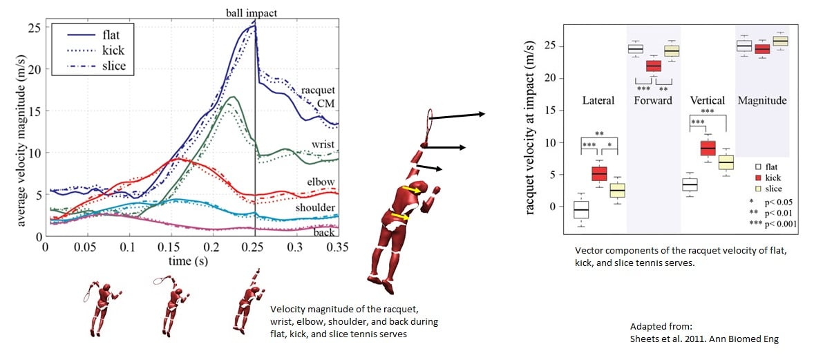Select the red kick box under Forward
pos(652,66)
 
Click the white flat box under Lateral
pos(581,209)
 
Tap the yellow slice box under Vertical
pos(726,163)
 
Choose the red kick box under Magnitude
pos(761,49)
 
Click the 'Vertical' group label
pos(706,101)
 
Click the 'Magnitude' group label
pos(762,101)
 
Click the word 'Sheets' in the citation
pos(645,339)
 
